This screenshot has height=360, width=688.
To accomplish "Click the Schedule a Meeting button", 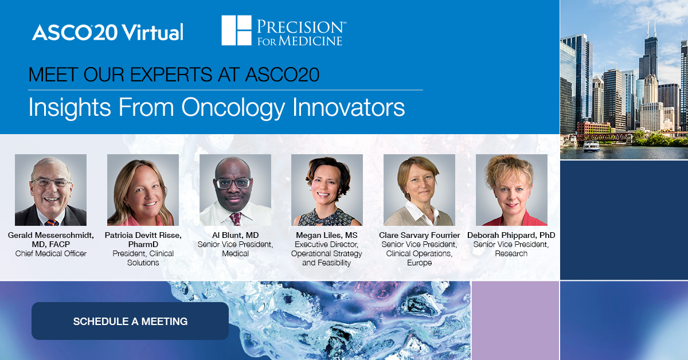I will click(130, 321).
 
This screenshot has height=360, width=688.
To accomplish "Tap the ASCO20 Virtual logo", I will click(108, 32).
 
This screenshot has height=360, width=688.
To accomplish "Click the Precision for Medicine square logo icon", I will click(236, 31).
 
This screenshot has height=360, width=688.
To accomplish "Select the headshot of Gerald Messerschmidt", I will click(50, 190).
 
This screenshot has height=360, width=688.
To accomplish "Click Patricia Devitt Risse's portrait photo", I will click(143, 190).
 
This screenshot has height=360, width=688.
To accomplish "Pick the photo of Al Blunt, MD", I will click(235, 190).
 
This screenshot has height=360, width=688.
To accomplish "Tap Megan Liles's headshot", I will click(327, 190).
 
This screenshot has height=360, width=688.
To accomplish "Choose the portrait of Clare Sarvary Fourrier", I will click(419, 190).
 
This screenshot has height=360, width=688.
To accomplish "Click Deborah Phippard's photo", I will click(511, 190).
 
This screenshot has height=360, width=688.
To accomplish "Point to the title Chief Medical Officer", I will click(50, 253).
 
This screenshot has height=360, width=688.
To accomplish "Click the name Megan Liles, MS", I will click(327, 236).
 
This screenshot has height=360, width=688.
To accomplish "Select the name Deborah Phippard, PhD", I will click(511, 236).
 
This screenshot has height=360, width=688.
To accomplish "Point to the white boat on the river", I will click(591, 146).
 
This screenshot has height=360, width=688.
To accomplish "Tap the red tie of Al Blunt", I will click(236, 218).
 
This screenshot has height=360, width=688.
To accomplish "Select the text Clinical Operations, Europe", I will click(419, 258).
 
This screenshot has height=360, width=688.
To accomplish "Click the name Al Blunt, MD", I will click(235, 236).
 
